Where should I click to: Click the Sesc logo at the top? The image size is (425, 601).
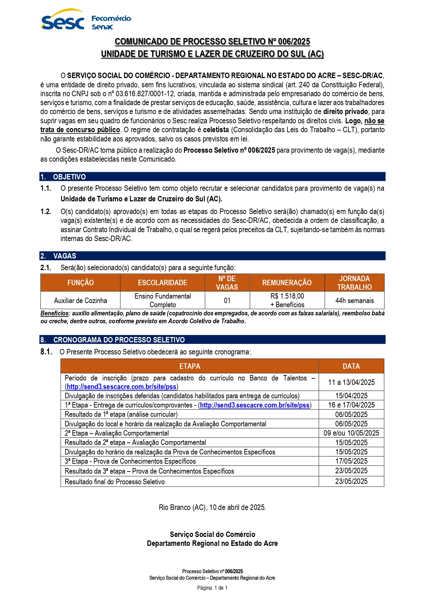pos(62,21)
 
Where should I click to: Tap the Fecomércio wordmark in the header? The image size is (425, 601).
pos(111,18)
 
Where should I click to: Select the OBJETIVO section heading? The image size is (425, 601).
pos(69,177)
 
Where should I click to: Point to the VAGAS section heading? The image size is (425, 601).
pos(65,256)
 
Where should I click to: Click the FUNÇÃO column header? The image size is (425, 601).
pos(80,283)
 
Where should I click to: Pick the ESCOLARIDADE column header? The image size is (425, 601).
pos(162,283)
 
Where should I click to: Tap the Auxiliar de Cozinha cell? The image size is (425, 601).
pos(80,300)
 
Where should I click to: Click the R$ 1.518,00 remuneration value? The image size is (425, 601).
pos(287,296)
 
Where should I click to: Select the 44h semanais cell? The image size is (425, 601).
pos(354,300)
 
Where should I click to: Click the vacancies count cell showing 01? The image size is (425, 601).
pos(227,300)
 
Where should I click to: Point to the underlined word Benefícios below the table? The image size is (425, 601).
pos(54,313)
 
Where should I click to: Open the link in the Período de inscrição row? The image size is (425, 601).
pos(122,387)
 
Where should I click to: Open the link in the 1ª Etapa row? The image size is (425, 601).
pos(255,405)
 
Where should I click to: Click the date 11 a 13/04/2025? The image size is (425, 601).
pos(351,382)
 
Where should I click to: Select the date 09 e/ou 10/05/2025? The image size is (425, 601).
pos(351,433)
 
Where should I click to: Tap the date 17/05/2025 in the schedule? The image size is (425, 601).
pos(351,461)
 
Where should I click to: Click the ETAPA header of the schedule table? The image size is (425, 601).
pos(190,366)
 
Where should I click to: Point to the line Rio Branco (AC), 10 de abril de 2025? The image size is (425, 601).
pos(212,507)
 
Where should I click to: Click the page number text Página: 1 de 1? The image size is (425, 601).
pos(212,588)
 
